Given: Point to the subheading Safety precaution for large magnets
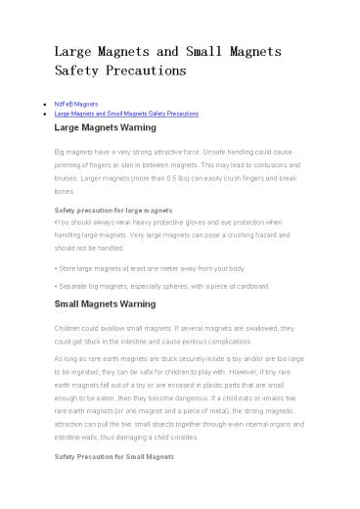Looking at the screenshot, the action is [x=114, y=210].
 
